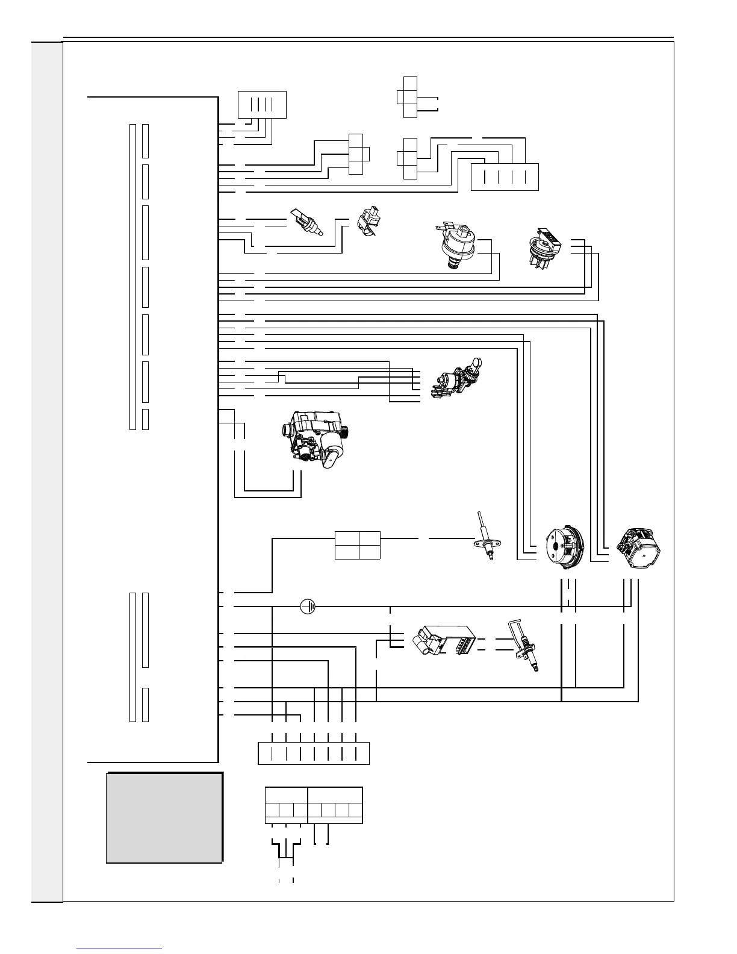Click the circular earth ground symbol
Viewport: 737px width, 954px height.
308,606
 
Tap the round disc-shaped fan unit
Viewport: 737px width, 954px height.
564,546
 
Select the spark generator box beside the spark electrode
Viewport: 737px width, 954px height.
444,645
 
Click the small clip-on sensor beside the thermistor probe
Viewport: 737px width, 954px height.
368,222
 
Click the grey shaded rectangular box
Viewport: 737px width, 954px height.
164,818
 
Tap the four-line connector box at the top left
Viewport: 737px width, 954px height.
262,105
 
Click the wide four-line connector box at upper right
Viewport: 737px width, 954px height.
504,176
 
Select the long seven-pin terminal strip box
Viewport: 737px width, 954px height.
313,753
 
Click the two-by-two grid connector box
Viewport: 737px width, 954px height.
358,545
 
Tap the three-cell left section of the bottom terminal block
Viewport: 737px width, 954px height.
286,805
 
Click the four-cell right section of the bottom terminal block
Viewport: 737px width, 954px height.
335,805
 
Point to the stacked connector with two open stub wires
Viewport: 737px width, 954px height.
410,98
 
